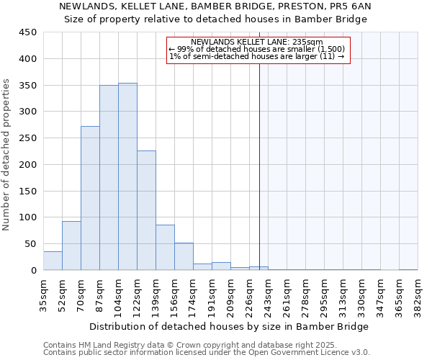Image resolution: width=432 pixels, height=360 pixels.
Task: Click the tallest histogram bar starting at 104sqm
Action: (x=127, y=176)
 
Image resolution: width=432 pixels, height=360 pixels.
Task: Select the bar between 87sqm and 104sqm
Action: (x=109, y=178)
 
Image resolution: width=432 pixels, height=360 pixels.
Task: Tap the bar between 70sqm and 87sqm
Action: (x=90, y=198)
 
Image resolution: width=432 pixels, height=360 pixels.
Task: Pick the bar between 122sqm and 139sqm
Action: (x=146, y=210)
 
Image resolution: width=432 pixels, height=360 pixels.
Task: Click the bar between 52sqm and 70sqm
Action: (x=71, y=246)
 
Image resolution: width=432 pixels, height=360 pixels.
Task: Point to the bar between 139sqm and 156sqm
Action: (x=165, y=248)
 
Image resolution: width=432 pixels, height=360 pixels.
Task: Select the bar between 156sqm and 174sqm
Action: (x=184, y=257)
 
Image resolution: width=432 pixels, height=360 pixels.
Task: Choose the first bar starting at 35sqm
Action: (x=53, y=261)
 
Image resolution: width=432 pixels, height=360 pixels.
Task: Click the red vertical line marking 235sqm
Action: (x=259, y=166)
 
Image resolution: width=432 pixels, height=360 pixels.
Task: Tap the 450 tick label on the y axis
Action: (x=28, y=32)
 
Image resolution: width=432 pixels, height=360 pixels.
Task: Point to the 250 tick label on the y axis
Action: (x=28, y=138)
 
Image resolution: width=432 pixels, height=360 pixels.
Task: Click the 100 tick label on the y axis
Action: (x=28, y=217)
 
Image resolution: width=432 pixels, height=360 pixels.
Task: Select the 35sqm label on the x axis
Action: (x=43, y=293)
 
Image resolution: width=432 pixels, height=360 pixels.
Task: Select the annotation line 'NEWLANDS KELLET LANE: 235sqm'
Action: (x=257, y=42)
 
